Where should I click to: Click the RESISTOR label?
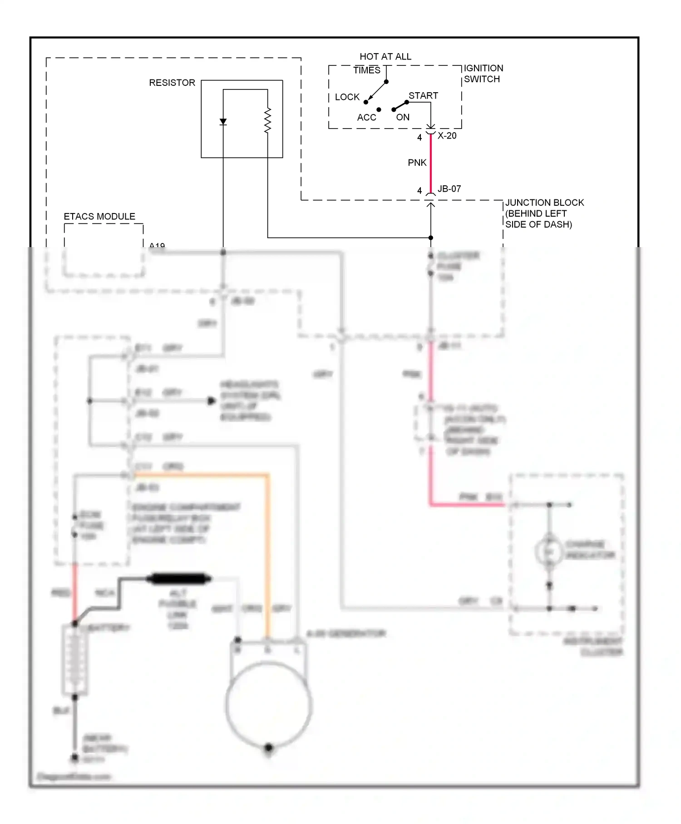[172, 83]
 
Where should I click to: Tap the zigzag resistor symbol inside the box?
[267, 121]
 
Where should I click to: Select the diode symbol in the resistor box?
[223, 122]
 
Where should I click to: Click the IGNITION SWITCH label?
[483, 74]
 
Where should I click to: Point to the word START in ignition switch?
[423, 96]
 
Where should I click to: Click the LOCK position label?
[347, 97]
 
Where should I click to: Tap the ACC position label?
[366, 118]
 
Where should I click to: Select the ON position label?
[402, 117]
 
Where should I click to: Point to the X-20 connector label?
[447, 136]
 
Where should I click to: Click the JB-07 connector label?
[449, 189]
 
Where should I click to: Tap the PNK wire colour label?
[417, 163]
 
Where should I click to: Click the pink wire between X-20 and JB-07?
[430, 164]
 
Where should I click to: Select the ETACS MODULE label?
[99, 217]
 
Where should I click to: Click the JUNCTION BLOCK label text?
[544, 213]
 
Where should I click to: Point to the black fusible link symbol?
[179, 579]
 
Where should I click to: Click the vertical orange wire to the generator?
[268, 554]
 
